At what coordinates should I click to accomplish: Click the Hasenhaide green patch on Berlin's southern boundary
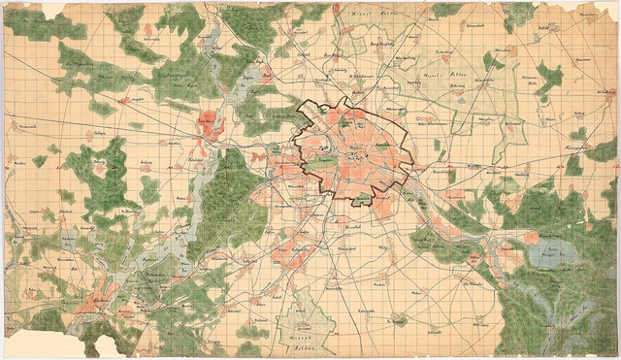coord(362,199)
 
